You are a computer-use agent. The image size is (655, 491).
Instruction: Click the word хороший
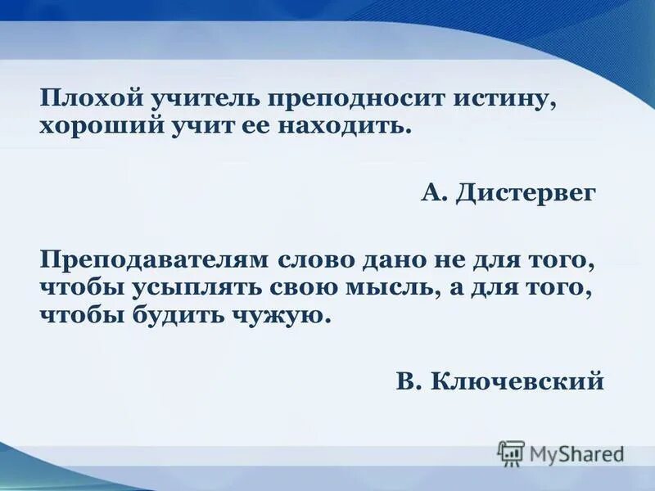93,126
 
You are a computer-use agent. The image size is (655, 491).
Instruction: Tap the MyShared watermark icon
510,453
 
